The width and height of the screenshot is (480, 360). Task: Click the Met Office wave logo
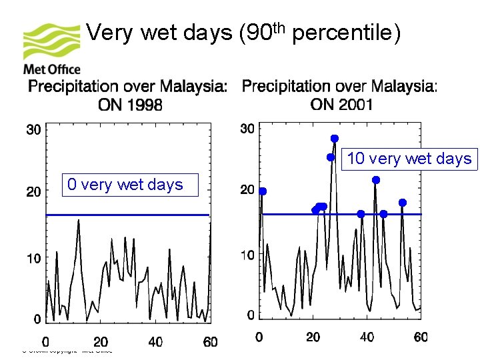(x=51, y=42)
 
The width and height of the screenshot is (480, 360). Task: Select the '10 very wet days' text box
(x=409, y=159)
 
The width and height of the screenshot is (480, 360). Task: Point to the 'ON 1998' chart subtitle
(x=130, y=105)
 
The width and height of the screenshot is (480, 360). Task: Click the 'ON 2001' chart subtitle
(x=341, y=105)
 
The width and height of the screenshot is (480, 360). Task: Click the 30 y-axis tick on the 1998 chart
(x=33, y=129)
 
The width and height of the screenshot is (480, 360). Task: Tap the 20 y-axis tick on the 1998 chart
(x=33, y=191)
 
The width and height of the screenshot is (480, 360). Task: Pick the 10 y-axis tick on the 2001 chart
(x=247, y=255)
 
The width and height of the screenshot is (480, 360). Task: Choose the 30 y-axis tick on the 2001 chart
(x=247, y=128)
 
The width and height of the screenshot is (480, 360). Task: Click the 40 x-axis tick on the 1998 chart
(x=155, y=342)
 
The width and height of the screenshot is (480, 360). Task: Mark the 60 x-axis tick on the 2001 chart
(x=420, y=337)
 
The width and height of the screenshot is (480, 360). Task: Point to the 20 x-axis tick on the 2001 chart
(x=313, y=337)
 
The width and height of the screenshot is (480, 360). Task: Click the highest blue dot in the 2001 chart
(x=335, y=139)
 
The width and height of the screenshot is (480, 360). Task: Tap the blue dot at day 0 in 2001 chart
(x=263, y=191)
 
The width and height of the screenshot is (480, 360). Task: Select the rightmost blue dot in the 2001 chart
(x=403, y=203)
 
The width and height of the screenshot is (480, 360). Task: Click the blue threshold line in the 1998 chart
(x=127, y=215)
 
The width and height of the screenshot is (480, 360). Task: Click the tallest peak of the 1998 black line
(x=79, y=221)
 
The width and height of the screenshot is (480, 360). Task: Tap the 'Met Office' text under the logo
(x=52, y=69)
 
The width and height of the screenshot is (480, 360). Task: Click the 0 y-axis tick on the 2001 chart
(x=250, y=314)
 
